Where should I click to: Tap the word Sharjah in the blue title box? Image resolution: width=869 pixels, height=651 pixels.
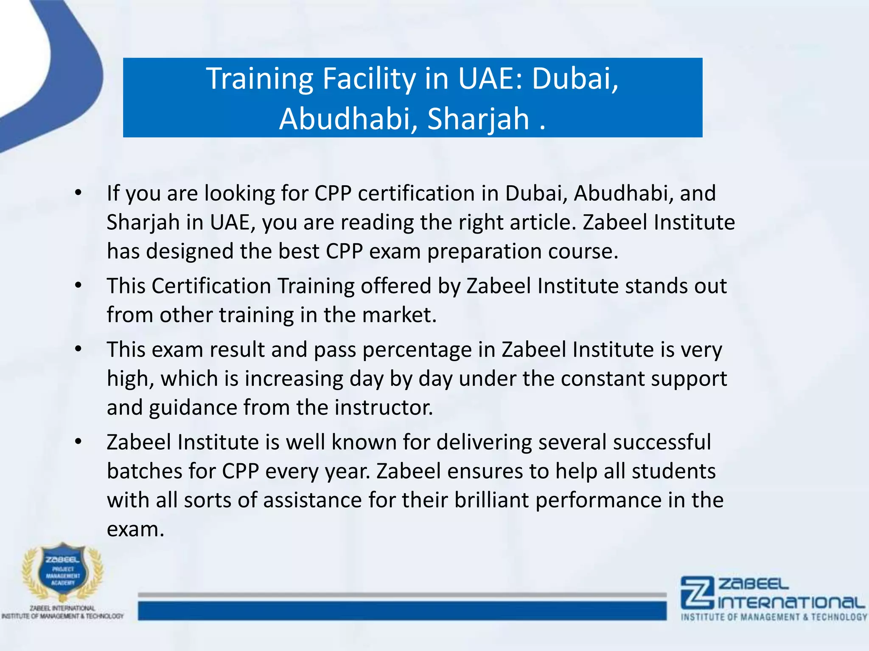[x=478, y=119]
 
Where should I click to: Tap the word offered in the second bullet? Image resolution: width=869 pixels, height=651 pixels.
[x=396, y=286]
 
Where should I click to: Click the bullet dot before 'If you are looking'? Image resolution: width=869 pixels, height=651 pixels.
[x=78, y=193]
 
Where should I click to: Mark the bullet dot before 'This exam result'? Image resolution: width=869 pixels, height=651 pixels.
[x=78, y=350]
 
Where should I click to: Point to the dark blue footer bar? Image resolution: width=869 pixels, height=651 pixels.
[x=402, y=611]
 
